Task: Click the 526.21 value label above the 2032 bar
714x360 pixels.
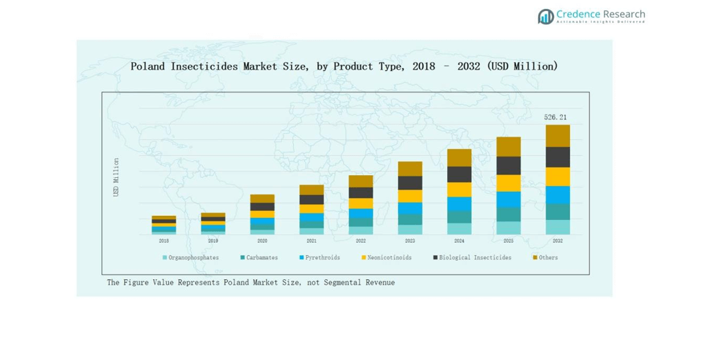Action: coord(555,118)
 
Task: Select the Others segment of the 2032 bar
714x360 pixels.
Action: coord(557,136)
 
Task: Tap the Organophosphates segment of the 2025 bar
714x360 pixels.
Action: coord(508,228)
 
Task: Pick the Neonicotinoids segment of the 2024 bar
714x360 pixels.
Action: coord(459,190)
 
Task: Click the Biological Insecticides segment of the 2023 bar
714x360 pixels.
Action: coord(410,183)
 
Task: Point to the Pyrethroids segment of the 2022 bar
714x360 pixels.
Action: coord(361,213)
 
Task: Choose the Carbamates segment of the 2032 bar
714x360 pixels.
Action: coord(557,212)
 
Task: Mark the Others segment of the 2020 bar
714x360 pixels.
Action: coord(262,199)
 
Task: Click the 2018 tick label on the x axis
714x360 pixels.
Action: coord(163,241)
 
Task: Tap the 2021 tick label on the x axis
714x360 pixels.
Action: coord(311,241)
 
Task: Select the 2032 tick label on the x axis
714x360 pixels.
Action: coord(557,241)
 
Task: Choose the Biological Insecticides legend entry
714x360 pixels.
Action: coord(475,258)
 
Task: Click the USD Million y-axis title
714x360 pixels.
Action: coord(117,177)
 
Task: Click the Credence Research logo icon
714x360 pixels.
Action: coord(546,17)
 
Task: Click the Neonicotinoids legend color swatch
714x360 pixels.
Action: coord(363,258)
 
